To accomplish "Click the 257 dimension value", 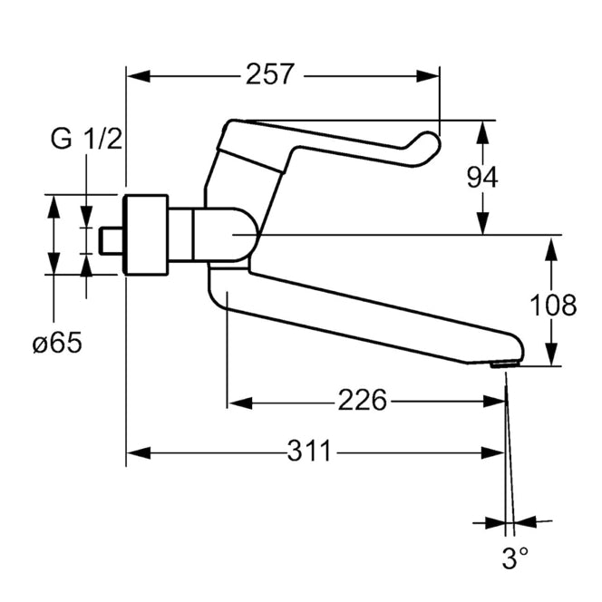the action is [x=269, y=74].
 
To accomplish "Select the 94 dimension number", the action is [x=482, y=177].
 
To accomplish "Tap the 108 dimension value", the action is [x=553, y=306].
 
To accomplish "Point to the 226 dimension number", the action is [x=362, y=400].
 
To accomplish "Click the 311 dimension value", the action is [x=309, y=451].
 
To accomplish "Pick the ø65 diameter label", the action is [x=58, y=343].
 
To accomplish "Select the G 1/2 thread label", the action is [x=86, y=139].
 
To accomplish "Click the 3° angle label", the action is [x=515, y=558].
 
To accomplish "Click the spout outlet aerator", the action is [x=505, y=364].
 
